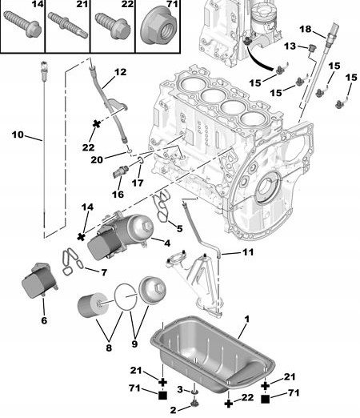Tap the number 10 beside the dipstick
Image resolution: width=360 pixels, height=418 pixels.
(x=18, y=135)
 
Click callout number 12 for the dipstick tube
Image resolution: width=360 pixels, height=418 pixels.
(x=120, y=72)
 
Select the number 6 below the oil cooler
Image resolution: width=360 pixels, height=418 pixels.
(x=43, y=320)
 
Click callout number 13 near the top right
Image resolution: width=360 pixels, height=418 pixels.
(x=290, y=46)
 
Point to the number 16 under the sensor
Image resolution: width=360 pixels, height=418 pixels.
(x=118, y=194)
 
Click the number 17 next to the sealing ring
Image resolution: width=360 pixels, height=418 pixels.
(x=137, y=183)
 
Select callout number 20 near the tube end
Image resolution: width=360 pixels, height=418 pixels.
(x=118, y=159)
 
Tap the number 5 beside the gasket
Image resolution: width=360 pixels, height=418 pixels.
(x=178, y=228)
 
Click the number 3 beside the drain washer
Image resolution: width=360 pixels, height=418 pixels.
(x=181, y=388)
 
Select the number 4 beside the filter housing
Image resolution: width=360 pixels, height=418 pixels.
(x=166, y=243)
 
